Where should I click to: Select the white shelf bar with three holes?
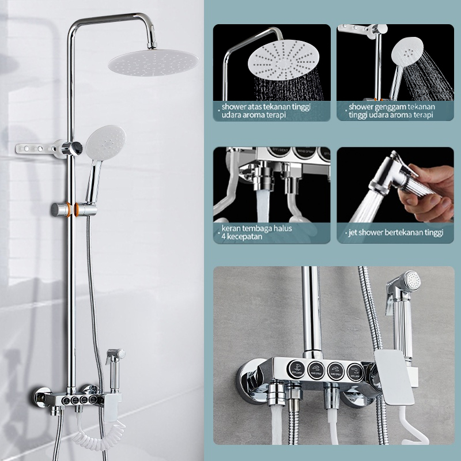pyautogui.click(x=37, y=150)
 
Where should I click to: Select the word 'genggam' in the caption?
pyautogui.click(x=391, y=107)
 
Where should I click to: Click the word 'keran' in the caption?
pyautogui.click(x=232, y=228)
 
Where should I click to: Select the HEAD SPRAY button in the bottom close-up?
pyautogui.click(x=316, y=368)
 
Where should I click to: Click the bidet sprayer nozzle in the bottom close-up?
pyautogui.click(x=411, y=282)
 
